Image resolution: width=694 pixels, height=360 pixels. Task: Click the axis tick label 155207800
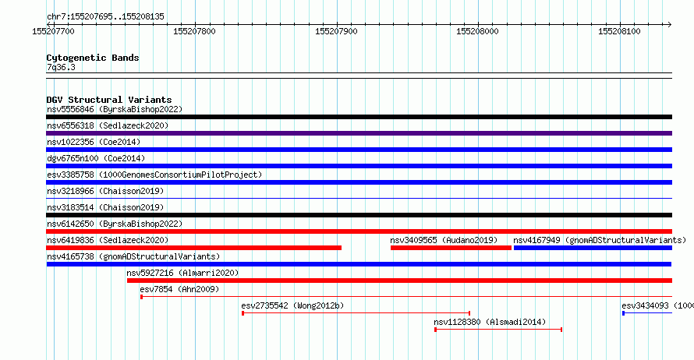click(x=194, y=31)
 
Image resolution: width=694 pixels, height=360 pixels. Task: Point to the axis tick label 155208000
click(x=477, y=31)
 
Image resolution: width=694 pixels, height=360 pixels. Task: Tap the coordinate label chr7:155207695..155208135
click(x=105, y=16)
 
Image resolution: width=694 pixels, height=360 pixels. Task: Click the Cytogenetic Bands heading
click(x=93, y=58)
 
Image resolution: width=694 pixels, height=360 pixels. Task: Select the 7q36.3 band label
click(x=61, y=67)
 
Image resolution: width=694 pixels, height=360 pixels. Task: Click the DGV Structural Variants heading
click(x=109, y=100)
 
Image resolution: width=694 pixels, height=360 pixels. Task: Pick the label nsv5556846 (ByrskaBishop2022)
click(x=115, y=109)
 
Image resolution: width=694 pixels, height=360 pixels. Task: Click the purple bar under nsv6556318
click(x=359, y=133)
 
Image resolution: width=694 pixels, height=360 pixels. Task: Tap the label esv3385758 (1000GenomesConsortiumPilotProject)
click(x=154, y=175)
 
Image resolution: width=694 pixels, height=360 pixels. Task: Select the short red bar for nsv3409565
click(x=451, y=248)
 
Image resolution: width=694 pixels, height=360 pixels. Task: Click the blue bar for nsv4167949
click(x=593, y=248)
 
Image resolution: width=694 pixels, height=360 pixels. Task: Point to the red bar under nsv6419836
click(x=194, y=248)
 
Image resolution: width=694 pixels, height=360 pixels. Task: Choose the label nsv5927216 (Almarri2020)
click(x=182, y=273)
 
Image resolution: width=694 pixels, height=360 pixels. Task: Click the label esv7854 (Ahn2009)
click(x=179, y=289)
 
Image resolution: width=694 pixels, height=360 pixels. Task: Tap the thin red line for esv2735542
click(x=356, y=313)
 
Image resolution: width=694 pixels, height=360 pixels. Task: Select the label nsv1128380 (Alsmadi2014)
click(x=490, y=322)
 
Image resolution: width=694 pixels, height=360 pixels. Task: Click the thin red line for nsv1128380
click(x=498, y=330)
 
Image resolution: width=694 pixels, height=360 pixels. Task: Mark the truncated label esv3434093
click(x=657, y=305)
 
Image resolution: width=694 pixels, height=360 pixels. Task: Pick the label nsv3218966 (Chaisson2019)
click(x=105, y=191)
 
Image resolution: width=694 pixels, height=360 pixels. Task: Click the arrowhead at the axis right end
click(x=670, y=24)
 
